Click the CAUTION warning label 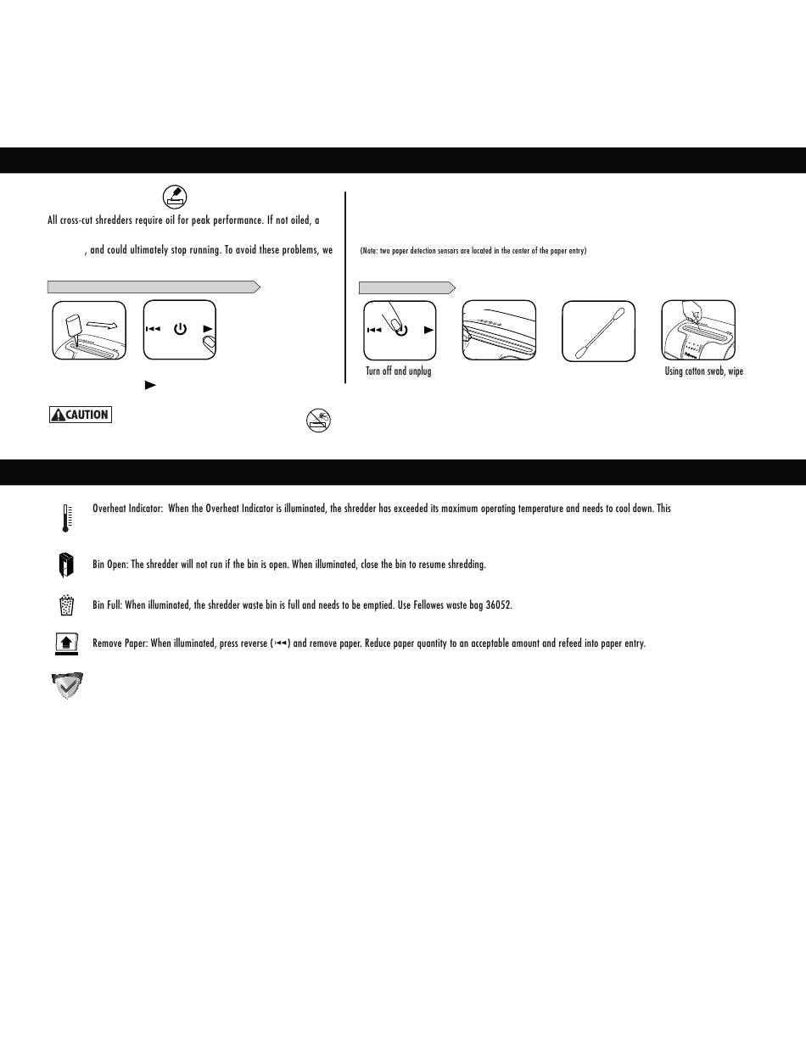81,415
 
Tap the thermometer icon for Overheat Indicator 65,517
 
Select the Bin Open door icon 65,564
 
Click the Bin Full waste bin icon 66,605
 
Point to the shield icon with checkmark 67,685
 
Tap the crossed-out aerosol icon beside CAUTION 318,419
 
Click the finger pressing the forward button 208,344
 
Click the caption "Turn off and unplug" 398,371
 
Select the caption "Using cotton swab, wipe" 703,371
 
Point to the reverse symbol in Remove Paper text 282,644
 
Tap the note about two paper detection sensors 473,251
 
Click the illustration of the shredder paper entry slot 499,331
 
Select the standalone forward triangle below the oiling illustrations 150,385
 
